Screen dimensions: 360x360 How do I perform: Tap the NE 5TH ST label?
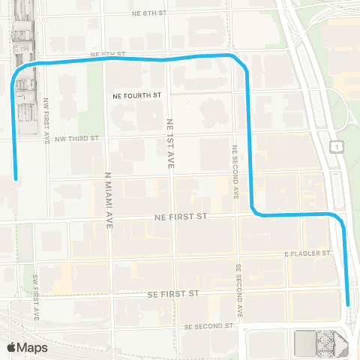(x=106, y=55)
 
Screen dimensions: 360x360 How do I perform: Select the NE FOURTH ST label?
(x=138, y=96)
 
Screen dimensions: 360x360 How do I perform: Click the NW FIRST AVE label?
(x=46, y=120)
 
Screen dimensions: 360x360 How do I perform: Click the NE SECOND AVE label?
(x=235, y=172)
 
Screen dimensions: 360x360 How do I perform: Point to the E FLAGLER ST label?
(x=307, y=254)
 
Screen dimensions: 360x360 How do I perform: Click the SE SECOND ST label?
(x=208, y=326)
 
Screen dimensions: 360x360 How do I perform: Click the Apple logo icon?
(x=12, y=346)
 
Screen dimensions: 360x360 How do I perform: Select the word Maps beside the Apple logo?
(x=33, y=347)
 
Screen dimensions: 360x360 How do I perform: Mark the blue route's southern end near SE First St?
(x=349, y=304)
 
